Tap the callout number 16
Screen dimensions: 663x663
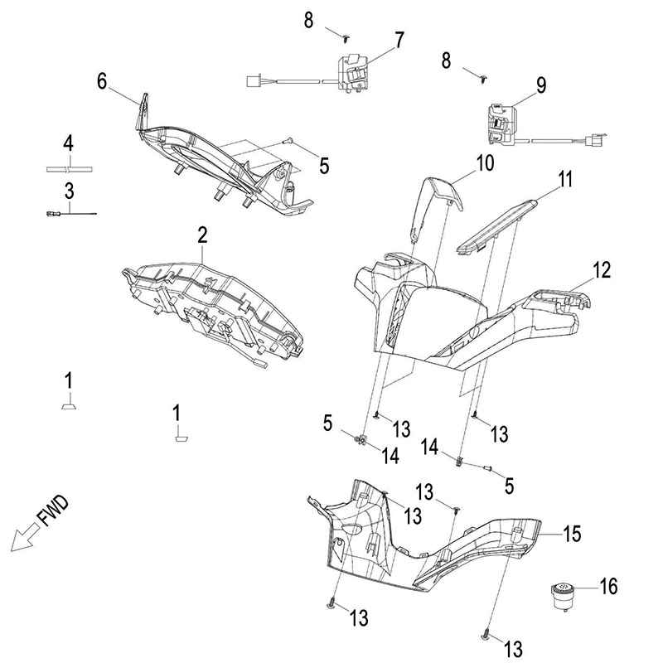(x=608, y=587)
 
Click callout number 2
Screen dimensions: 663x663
(x=201, y=235)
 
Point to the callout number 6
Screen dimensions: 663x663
(x=103, y=80)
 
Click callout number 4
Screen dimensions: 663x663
(x=70, y=142)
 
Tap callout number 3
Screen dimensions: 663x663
(x=70, y=190)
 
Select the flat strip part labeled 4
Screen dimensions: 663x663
(x=70, y=169)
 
